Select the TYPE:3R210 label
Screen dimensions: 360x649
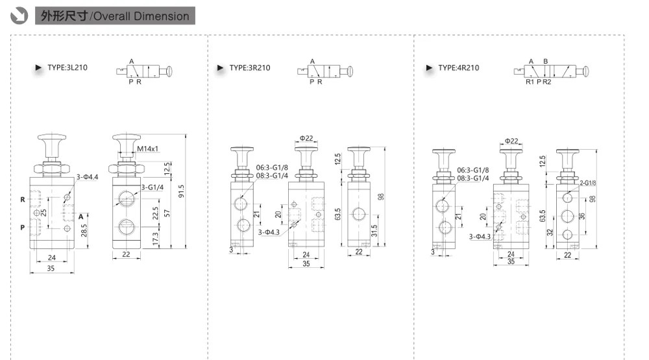tap(250, 68)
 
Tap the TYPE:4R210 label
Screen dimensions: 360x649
tap(458, 68)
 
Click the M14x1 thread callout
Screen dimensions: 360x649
tap(148, 149)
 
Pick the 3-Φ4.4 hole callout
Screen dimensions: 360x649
tap(88, 176)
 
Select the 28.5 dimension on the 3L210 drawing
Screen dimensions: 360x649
tap(84, 231)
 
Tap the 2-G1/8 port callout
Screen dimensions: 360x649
tap(587, 184)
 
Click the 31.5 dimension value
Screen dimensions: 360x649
tap(375, 231)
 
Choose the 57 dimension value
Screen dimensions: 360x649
tap(169, 213)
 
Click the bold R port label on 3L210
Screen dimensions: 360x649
tap(23, 200)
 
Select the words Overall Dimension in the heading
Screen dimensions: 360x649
tap(141, 16)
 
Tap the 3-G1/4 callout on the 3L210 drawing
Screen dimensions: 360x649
tap(152, 187)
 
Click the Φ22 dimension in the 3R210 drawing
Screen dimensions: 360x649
tap(306, 138)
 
